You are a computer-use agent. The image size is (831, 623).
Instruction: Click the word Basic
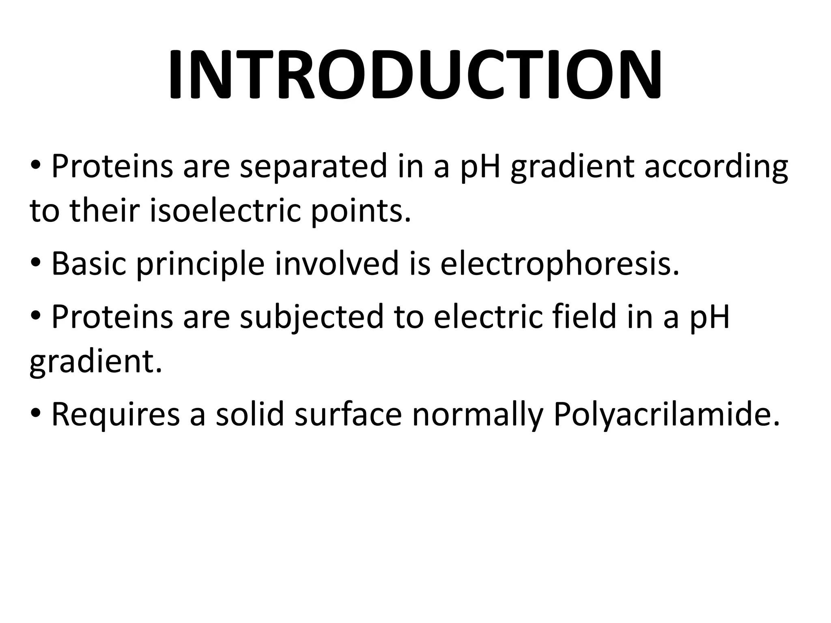[x=89, y=264]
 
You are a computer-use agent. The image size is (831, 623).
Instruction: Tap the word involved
[x=337, y=264]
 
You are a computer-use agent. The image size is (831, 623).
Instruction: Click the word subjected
[x=312, y=318]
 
